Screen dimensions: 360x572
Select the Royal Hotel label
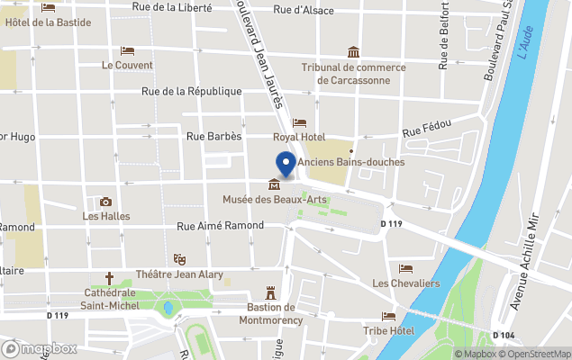[299, 137]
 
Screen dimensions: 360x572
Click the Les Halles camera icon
[106, 202]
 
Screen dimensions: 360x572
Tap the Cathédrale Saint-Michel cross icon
[110, 279]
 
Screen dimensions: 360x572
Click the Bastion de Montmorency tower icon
[268, 292]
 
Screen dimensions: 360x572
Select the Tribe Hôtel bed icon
[388, 317]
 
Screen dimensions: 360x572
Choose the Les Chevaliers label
[405, 283]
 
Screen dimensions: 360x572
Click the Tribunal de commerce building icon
[353, 52]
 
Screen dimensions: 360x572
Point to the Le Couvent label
[127, 65]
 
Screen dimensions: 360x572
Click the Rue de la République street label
[192, 91]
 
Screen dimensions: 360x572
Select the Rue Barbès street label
[213, 137]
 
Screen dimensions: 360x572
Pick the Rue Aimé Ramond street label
[220, 227]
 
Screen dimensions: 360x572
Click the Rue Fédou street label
[424, 132]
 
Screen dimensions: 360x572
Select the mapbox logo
[40, 348]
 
